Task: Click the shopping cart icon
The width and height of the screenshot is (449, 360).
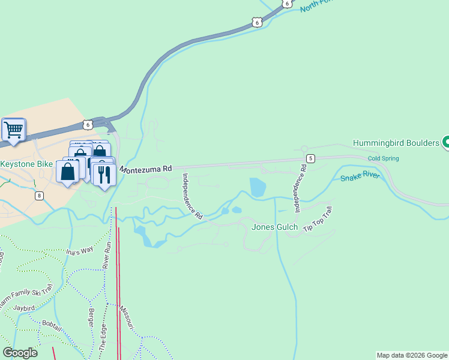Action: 13,130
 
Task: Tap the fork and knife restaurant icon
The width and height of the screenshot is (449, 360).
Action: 104,175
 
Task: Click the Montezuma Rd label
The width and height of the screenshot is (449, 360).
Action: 146,170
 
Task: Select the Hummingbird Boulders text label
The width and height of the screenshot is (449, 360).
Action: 396,143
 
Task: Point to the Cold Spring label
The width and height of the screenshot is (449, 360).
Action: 383,158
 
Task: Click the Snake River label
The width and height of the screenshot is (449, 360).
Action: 360,178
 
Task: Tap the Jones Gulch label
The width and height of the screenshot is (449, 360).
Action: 274,227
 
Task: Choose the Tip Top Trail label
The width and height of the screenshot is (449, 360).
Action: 318,220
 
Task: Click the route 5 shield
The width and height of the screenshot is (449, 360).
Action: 310,158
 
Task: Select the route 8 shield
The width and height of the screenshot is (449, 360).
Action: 40,196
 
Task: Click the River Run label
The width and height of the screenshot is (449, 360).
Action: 107,255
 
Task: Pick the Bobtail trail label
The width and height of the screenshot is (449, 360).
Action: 52,324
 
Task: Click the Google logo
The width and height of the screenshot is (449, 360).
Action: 20,352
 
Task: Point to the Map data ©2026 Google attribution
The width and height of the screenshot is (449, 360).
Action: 412,355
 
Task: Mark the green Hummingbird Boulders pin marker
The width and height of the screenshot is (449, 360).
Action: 445,142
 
